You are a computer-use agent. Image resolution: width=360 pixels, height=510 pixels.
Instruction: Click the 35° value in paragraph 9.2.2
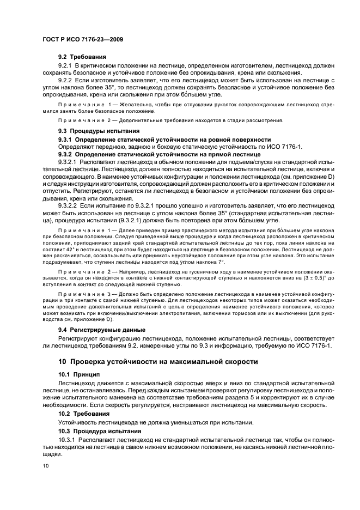[112, 87]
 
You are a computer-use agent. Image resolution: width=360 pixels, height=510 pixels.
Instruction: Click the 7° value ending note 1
[221, 261]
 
